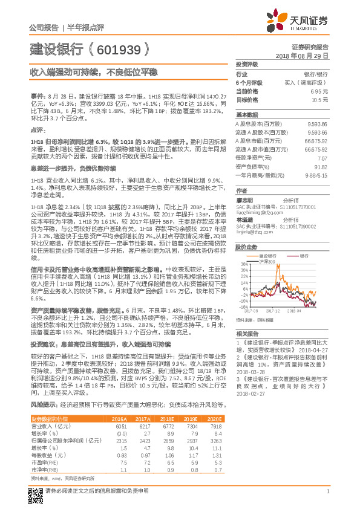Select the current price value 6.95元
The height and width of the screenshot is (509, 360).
coord(319,91)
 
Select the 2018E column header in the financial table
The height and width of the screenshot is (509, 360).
coord(168,418)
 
